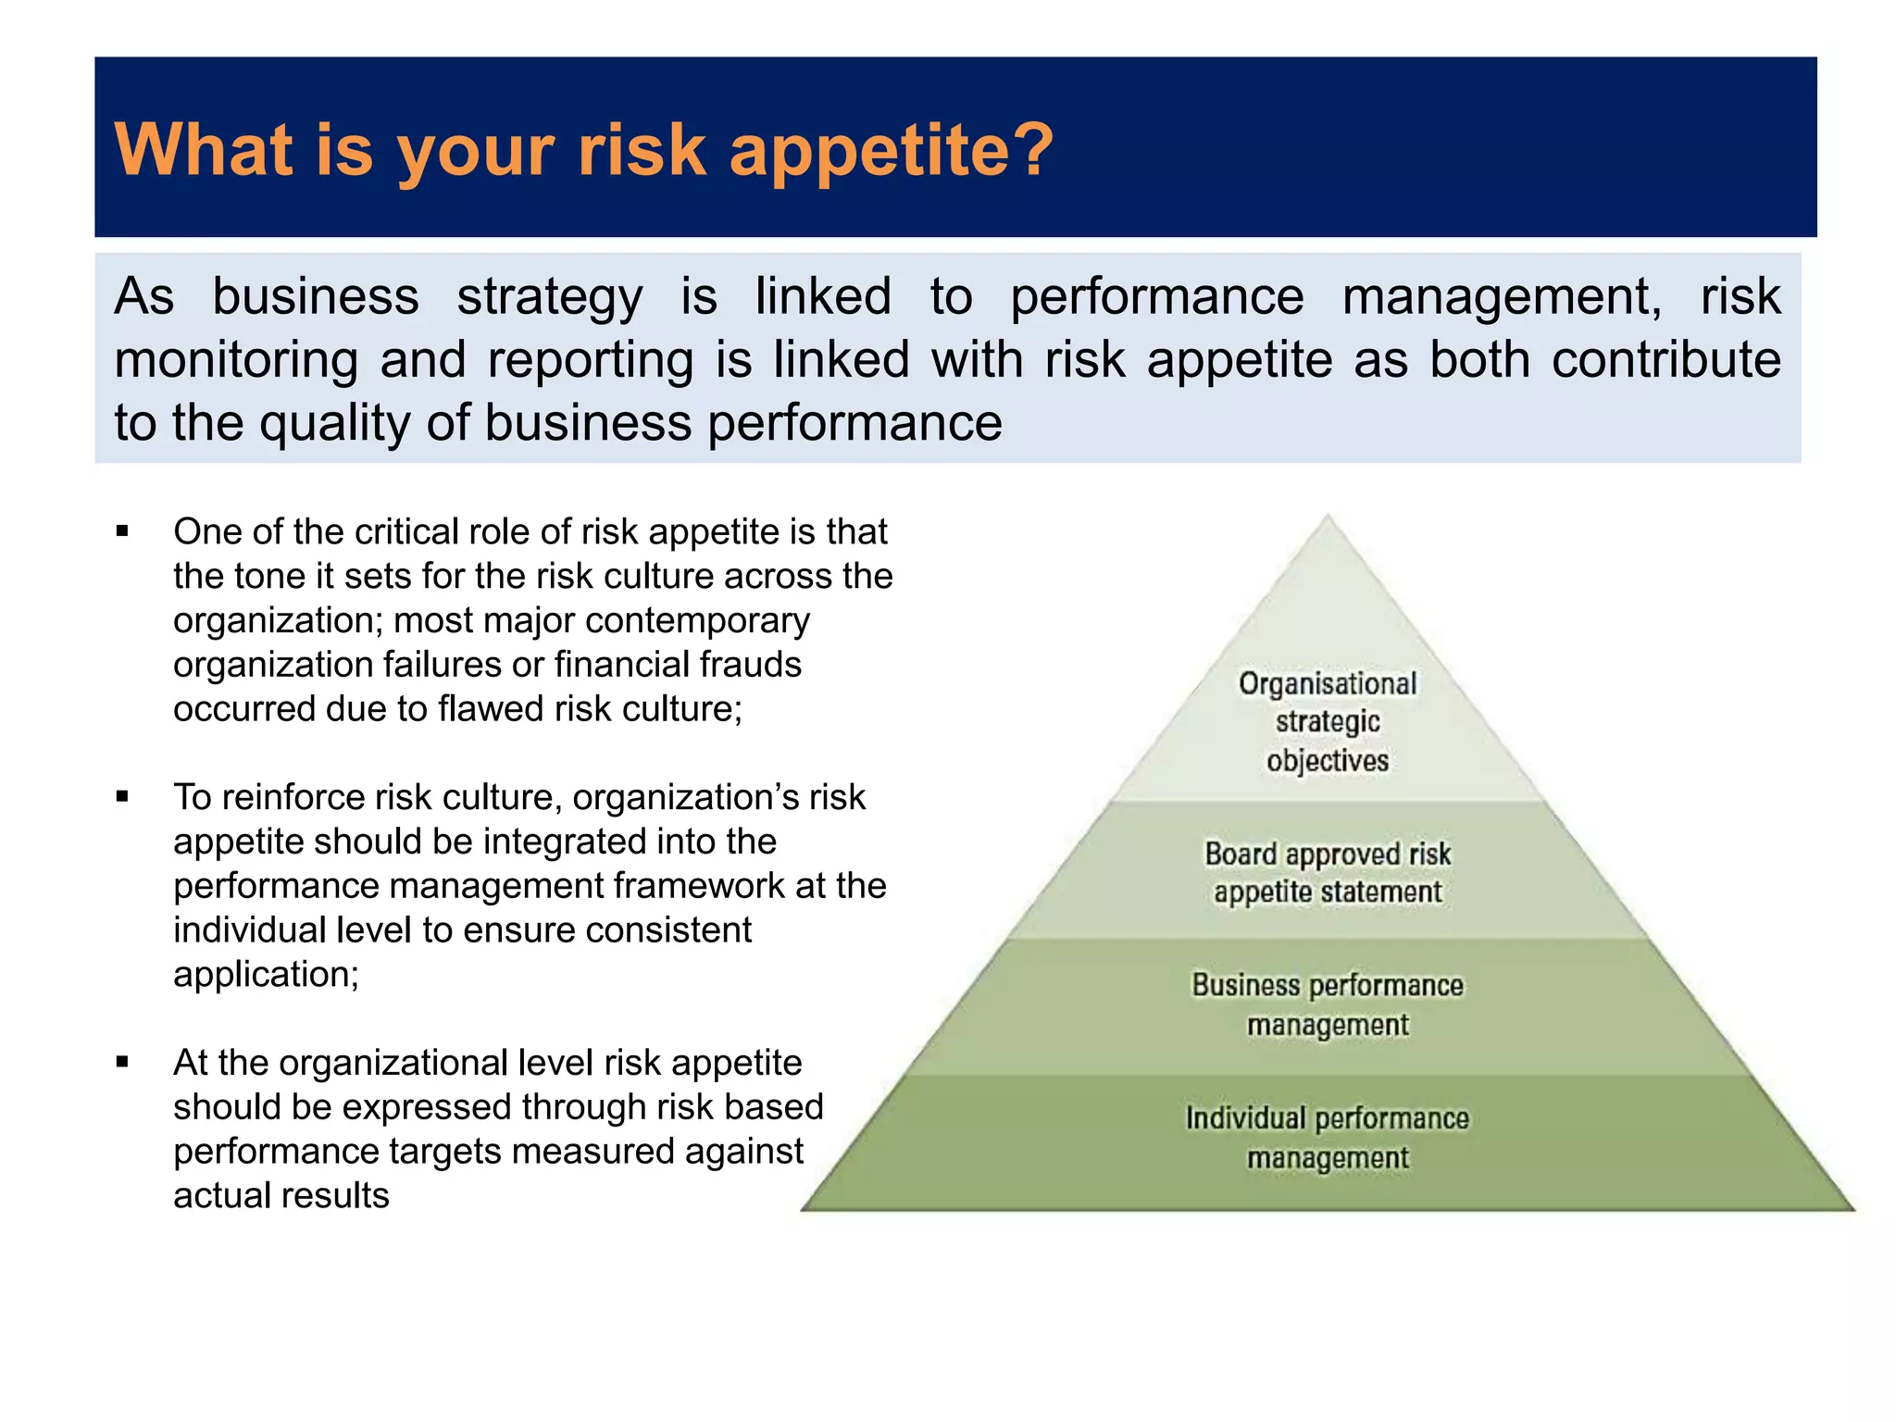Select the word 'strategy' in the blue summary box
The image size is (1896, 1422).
(x=549, y=299)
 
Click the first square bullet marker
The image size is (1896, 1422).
(x=122, y=531)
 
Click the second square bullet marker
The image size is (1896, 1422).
(x=122, y=797)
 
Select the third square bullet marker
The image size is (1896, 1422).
(x=122, y=1063)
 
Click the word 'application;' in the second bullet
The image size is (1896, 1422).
(x=266, y=975)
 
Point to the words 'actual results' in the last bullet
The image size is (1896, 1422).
(x=281, y=1196)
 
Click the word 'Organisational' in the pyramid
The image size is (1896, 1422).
(x=1327, y=684)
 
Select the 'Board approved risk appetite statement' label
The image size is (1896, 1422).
(x=1327, y=872)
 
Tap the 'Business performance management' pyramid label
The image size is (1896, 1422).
(x=1327, y=1004)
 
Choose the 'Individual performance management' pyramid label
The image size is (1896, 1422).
(x=1327, y=1138)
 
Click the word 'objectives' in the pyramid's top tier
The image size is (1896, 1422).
(x=1327, y=761)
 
